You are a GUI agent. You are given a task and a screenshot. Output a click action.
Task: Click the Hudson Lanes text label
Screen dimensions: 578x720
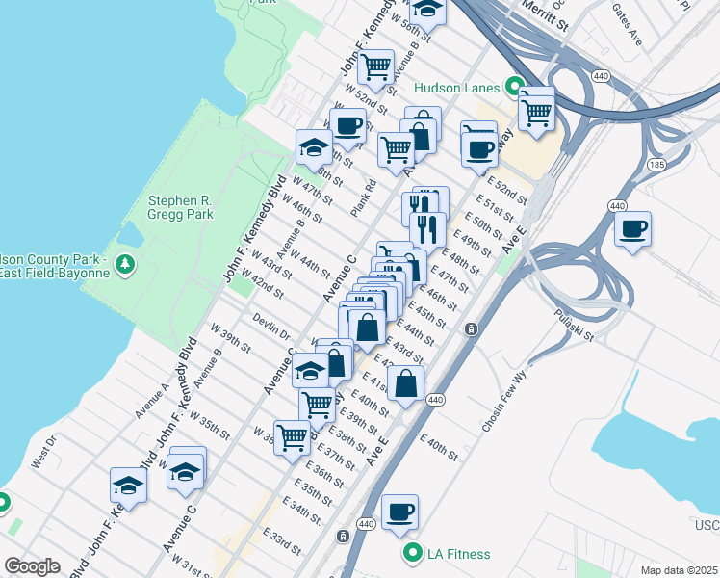tap(458, 88)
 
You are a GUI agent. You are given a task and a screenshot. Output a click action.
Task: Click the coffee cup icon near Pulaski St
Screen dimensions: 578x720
tap(633, 229)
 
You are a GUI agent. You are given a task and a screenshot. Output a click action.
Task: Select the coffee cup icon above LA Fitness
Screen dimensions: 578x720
tap(399, 512)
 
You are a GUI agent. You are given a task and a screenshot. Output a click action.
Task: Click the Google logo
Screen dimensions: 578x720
tap(33, 566)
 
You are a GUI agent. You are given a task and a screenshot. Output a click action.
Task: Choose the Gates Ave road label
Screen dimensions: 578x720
tap(627, 37)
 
